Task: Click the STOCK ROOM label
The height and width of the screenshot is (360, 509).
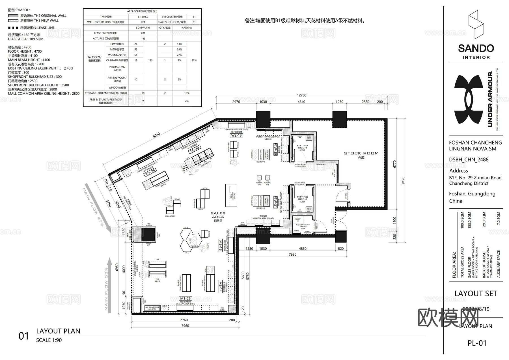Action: coord(361,154)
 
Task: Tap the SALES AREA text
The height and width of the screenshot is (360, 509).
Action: coord(218,215)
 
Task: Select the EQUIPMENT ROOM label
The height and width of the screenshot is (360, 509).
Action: coord(303,226)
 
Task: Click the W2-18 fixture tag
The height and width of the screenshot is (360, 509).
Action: coord(236,135)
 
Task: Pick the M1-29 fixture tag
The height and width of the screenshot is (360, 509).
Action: coord(186,298)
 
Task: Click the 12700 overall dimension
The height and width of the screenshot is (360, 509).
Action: coord(301,95)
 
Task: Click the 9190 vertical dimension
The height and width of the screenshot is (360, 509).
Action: coord(403,180)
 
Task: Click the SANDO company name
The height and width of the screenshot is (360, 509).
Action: coord(476,48)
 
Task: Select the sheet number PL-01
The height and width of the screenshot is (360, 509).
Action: coord(477,343)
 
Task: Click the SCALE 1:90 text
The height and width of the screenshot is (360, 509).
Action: coord(49,340)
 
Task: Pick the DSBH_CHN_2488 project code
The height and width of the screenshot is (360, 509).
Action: coord(469,159)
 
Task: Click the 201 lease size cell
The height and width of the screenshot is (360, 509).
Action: coord(143,33)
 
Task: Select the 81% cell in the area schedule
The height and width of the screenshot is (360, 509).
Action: coord(194,60)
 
